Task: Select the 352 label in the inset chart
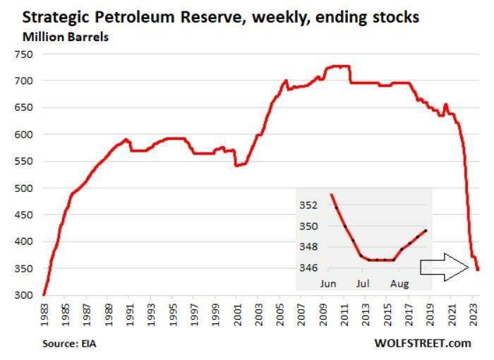311,205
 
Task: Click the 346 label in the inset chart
311,268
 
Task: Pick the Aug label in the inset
399,284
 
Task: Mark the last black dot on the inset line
426,230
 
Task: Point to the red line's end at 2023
478,270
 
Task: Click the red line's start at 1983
44,294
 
